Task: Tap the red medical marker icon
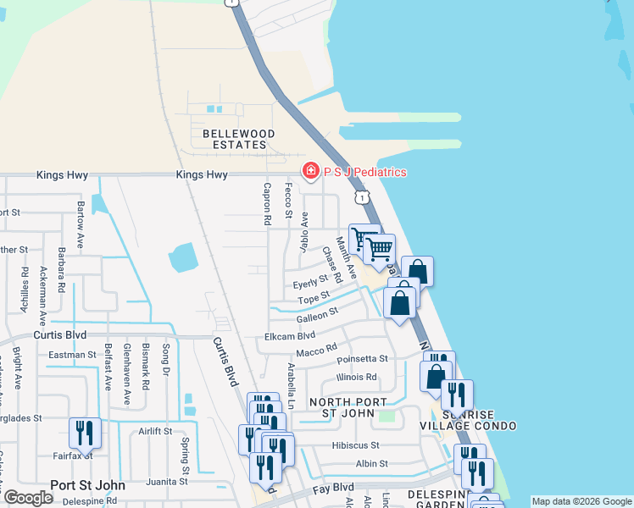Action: pyautogui.click(x=310, y=172)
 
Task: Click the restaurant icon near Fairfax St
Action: pyautogui.click(x=85, y=433)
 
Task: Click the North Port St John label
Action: pyautogui.click(x=348, y=407)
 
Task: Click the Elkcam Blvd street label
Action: pyautogui.click(x=290, y=336)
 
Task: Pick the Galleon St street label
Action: pyautogui.click(x=317, y=315)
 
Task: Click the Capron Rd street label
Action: pyautogui.click(x=267, y=203)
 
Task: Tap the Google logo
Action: pyautogui.click(x=28, y=498)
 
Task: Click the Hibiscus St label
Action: pyautogui.click(x=356, y=444)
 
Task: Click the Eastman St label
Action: pyautogui.click(x=72, y=355)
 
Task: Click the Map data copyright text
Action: pyautogui.click(x=581, y=501)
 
